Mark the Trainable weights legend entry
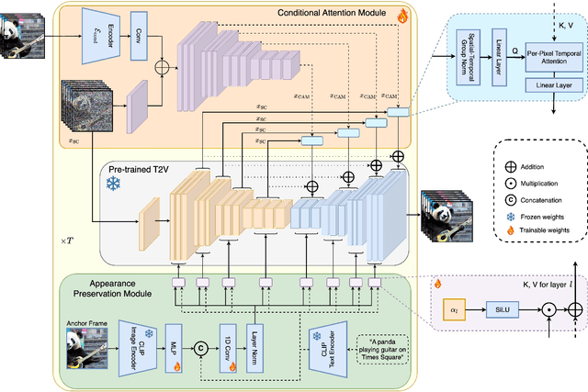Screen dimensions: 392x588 (542, 231)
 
